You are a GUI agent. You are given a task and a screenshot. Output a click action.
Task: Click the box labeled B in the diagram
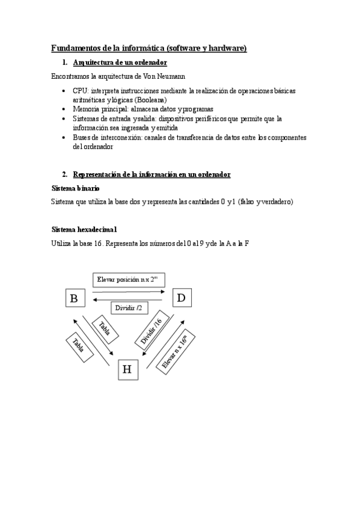[x=74, y=298]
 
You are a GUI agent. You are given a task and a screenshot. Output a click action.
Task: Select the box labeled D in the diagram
[x=181, y=298]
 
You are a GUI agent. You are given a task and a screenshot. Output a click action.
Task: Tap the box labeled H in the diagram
[x=127, y=369]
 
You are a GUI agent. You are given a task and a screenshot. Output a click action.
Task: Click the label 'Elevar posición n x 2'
[x=127, y=280]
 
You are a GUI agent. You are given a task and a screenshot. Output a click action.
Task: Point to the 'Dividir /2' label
[x=128, y=308]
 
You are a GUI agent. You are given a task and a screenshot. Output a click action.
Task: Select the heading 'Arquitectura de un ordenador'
[x=120, y=63]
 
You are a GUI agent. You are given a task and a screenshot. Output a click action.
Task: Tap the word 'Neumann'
[x=171, y=76]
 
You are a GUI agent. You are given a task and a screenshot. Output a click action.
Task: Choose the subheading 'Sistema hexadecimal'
[x=84, y=229]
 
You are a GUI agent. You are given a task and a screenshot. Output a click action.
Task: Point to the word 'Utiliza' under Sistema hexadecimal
[x=63, y=243]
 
